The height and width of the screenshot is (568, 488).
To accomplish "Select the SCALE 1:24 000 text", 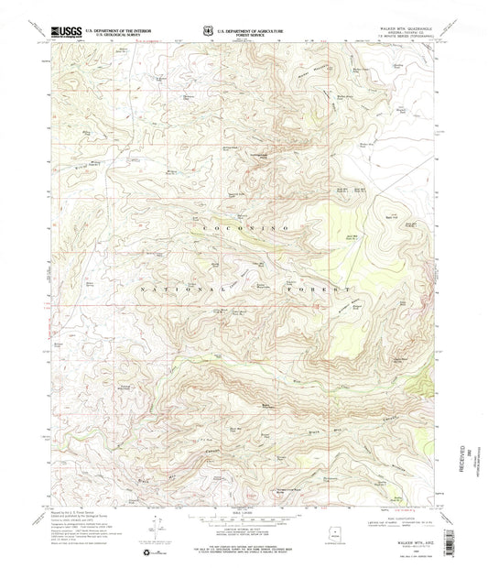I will (243, 512).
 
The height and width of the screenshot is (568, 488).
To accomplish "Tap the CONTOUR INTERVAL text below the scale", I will (243, 530).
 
